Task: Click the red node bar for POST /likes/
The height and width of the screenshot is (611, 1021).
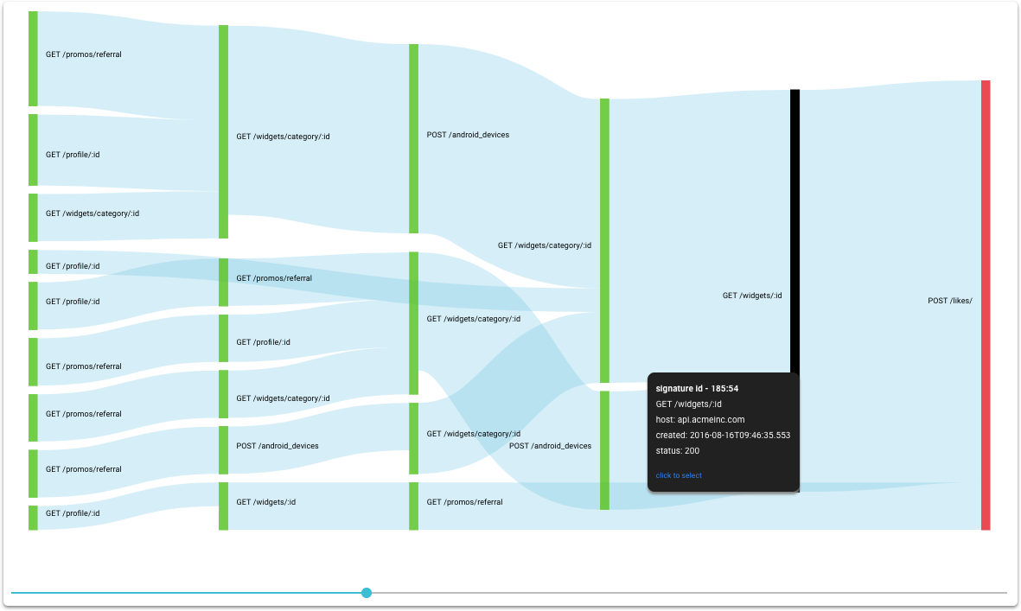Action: click(x=986, y=305)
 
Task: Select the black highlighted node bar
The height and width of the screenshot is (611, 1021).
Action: click(x=795, y=231)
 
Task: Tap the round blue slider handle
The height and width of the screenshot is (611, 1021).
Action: click(x=367, y=593)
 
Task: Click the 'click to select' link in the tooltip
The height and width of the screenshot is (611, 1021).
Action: click(x=679, y=475)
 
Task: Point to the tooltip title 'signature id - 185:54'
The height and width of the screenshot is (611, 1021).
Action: click(x=697, y=388)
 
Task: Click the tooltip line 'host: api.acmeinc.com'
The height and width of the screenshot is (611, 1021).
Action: click(x=700, y=420)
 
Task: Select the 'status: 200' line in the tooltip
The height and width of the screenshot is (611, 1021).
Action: click(x=678, y=451)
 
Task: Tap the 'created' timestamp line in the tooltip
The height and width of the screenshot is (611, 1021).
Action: click(x=723, y=436)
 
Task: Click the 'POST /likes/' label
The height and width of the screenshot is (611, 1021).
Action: click(x=950, y=301)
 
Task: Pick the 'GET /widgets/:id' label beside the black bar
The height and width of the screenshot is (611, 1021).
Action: click(x=752, y=296)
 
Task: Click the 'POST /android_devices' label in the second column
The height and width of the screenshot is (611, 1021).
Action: click(x=278, y=446)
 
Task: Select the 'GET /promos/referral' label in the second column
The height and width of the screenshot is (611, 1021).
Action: click(x=274, y=278)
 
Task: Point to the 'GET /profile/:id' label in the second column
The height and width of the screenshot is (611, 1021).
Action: click(x=263, y=342)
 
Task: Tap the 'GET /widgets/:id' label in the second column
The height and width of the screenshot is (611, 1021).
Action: click(x=265, y=502)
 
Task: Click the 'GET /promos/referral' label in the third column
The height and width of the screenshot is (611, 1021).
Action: click(x=464, y=502)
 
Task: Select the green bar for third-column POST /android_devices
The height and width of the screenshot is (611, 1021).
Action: click(x=413, y=138)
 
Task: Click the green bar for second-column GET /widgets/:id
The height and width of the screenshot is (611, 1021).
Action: click(x=223, y=506)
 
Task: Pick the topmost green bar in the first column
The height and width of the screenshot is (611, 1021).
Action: click(x=33, y=59)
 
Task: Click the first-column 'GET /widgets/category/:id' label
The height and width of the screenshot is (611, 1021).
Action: click(x=93, y=213)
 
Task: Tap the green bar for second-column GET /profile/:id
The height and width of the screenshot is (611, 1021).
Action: click(x=223, y=339)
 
